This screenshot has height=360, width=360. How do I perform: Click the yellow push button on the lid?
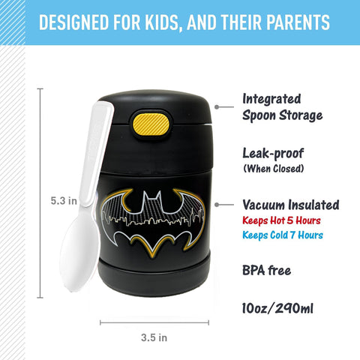tap(152, 124)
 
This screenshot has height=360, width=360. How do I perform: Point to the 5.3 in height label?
tap(64, 201)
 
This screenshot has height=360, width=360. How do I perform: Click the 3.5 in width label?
tap(154, 337)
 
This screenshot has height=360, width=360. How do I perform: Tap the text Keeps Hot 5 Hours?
tap(281, 220)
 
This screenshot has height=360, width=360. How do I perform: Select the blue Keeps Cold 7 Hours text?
tap(283, 235)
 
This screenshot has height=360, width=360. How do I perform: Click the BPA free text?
tap(266, 270)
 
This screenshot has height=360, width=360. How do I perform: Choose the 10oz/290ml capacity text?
tap(277, 308)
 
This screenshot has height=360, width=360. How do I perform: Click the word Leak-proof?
tap(273, 154)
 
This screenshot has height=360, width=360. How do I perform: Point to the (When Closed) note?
tap(274, 169)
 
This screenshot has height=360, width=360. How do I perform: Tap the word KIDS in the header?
tap(163, 22)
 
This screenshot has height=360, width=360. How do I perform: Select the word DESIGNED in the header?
tap(73, 22)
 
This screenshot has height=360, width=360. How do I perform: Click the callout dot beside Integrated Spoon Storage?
tap(217, 106)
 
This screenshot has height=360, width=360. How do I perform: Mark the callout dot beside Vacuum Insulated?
tap(217, 205)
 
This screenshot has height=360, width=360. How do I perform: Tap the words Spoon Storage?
tap(283, 115)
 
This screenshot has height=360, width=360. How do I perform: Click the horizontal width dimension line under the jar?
tap(154, 322)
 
